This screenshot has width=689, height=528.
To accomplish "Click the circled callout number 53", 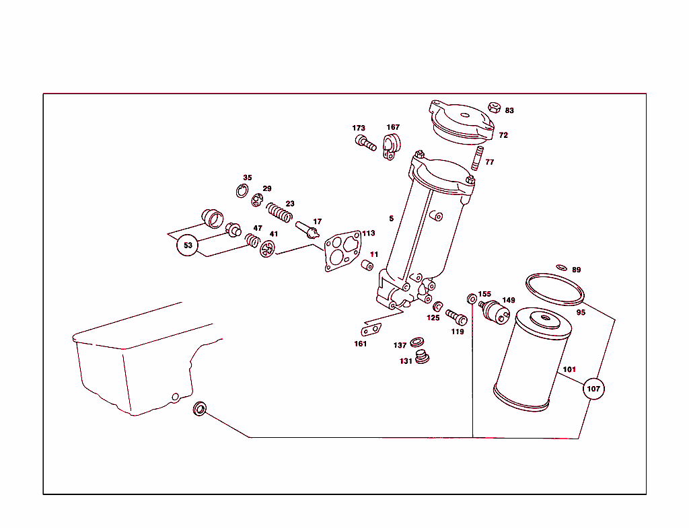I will [x=188, y=246].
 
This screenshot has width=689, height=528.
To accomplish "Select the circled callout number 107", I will [x=593, y=389].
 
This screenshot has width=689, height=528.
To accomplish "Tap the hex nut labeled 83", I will [x=493, y=108].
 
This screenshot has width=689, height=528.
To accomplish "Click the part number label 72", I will [x=503, y=135].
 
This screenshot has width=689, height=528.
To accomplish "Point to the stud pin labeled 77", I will [x=476, y=160].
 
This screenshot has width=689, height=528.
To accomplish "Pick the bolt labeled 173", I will [x=365, y=143].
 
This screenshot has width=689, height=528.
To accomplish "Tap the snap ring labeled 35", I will [x=242, y=191].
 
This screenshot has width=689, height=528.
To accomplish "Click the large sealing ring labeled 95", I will [x=556, y=288].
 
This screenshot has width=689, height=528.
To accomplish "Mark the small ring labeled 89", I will [x=562, y=268].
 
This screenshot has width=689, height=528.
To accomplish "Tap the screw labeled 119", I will [x=456, y=315].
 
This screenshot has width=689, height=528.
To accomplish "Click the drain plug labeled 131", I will [x=423, y=356].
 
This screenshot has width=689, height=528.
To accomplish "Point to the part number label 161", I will [x=361, y=344].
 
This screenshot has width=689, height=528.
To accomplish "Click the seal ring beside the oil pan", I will [x=201, y=408].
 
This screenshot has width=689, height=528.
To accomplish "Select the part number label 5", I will [x=391, y=219].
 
